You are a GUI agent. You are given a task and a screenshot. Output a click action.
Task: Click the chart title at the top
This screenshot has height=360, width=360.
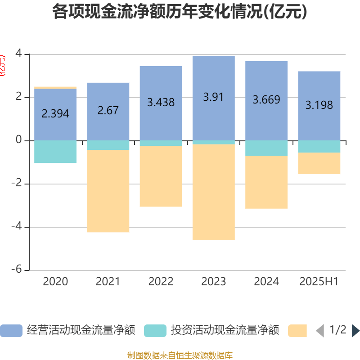pos(180,12)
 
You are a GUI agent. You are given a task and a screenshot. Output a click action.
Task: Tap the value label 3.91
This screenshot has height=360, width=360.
pos(213,97)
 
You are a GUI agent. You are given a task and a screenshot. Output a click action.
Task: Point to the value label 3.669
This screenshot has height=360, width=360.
pos(266,99)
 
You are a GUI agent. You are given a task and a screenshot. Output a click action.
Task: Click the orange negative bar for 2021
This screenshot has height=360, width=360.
pos(108,191)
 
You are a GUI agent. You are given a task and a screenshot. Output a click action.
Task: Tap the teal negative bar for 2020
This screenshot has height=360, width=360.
pos(55,152)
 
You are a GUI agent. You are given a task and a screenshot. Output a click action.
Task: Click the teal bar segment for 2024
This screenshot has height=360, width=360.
pos(266,148)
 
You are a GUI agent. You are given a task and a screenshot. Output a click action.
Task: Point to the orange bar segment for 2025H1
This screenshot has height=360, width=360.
pos(319,164)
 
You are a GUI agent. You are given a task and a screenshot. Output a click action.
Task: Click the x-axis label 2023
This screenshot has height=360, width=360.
pos(213,282)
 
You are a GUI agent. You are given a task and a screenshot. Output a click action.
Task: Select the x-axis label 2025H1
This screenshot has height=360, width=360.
pos(319,282)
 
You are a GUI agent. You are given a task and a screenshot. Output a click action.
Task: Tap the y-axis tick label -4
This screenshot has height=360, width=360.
pos(18,227)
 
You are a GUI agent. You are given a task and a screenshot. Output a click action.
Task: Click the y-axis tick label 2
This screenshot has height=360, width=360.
pos(19,98)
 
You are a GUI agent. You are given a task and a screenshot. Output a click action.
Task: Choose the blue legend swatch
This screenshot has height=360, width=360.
pos(11,331)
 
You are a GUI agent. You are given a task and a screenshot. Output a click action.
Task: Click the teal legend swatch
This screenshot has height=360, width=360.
pos(155,331)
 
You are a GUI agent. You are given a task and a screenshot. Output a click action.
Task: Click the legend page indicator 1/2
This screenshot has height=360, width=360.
pos(338,330)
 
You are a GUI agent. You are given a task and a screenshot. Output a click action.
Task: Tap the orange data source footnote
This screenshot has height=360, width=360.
pos(180,355)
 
